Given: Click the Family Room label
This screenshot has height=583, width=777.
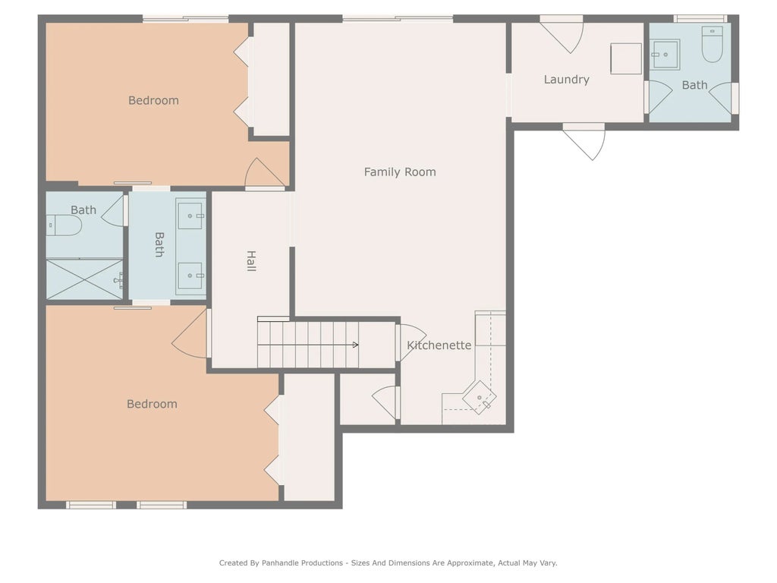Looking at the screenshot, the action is (400, 172).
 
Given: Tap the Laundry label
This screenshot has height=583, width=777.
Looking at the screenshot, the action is (566, 80).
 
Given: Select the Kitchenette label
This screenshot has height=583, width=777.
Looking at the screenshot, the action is (439, 345).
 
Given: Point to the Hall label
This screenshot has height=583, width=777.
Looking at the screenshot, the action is (251, 261).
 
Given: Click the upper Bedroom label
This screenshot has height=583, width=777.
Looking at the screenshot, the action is (153, 101).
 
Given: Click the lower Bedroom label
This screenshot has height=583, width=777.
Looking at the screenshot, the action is (152, 404).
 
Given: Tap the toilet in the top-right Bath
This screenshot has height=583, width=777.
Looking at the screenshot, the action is (713, 45).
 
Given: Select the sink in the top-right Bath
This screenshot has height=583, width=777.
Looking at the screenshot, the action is (665, 55).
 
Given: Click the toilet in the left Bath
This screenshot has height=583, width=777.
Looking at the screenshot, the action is (64, 225).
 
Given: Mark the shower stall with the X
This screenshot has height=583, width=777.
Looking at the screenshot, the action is (84, 279).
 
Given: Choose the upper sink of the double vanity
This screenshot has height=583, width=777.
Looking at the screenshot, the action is (190, 216).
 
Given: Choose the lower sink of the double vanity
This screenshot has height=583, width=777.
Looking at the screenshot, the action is (190, 276).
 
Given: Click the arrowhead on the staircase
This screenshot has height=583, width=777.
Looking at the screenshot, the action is (355, 345).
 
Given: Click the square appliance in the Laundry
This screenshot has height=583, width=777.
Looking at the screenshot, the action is (626, 59).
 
